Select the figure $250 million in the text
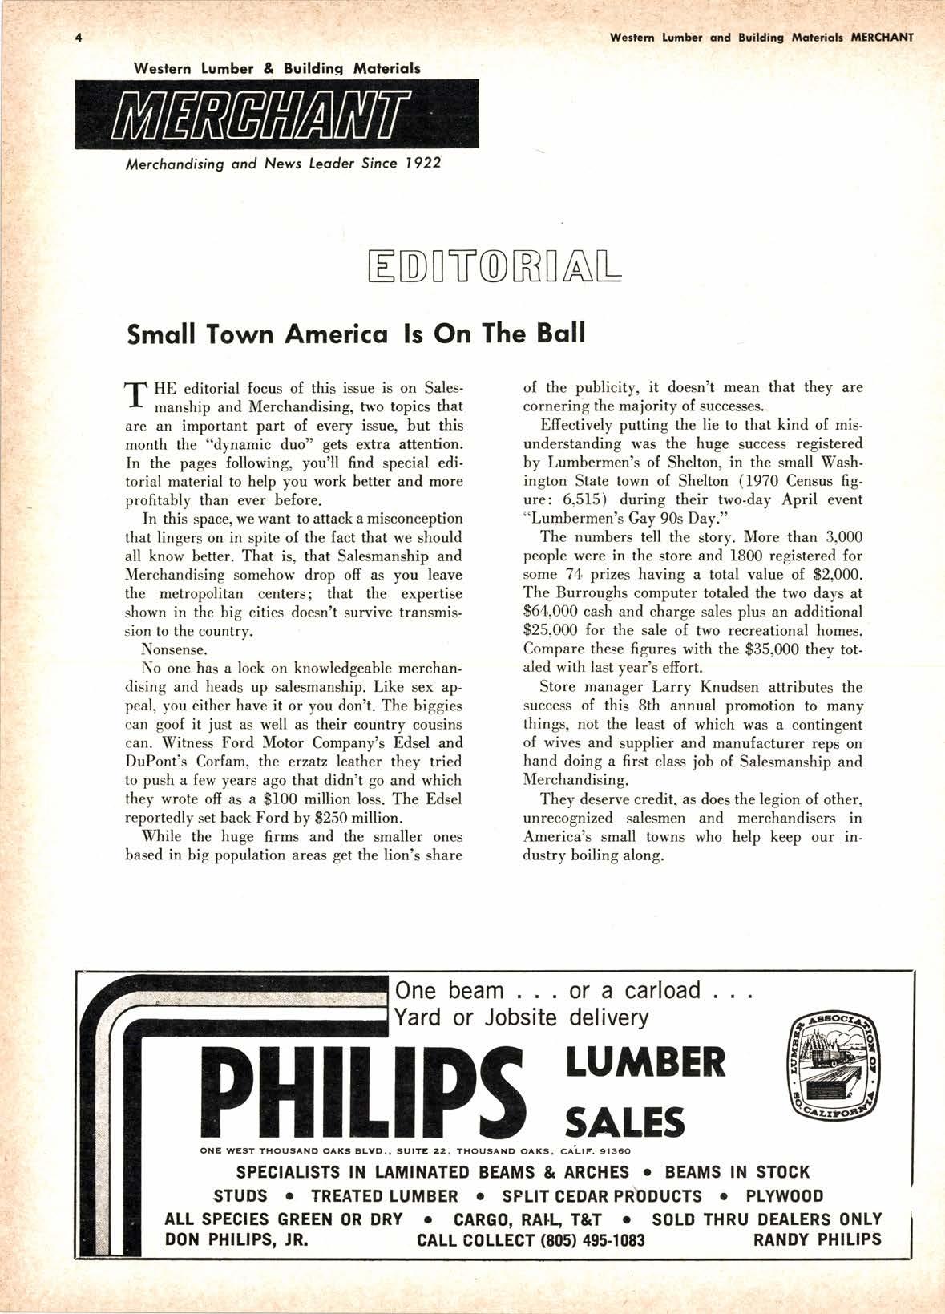click(x=357, y=818)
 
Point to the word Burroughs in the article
click(x=589, y=593)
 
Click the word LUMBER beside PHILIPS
click(x=645, y=1063)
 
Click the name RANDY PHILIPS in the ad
click(x=817, y=1239)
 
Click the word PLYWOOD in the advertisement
click(x=784, y=1196)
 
